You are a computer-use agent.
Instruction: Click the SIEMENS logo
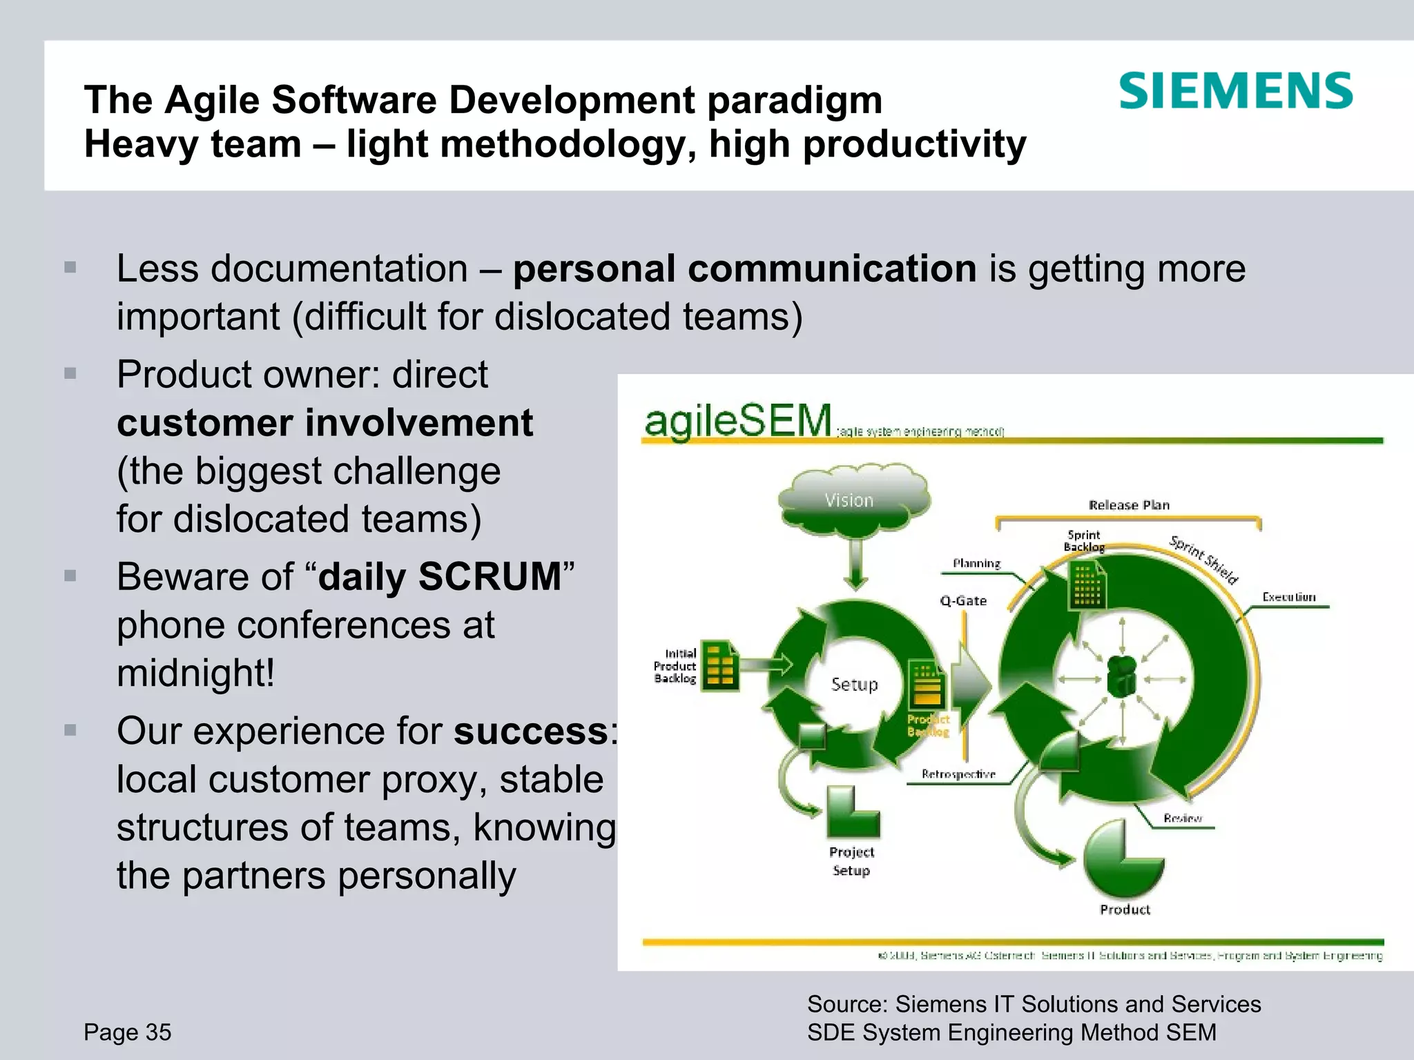coord(1235,91)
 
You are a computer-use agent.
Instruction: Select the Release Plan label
coord(1129,505)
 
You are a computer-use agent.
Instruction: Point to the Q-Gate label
coord(963,601)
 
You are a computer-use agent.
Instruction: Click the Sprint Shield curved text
coord(1203,560)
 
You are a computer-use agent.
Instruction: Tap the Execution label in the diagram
coord(1288,597)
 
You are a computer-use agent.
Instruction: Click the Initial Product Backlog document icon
coord(719,666)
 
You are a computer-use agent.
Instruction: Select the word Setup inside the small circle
coord(854,685)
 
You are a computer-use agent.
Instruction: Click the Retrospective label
coord(958,774)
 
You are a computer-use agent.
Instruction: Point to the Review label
coord(1182,818)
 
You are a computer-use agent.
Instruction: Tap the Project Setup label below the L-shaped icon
coord(851,861)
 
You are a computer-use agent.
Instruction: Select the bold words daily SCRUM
coord(440,577)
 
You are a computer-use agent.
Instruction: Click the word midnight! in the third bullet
coord(195,673)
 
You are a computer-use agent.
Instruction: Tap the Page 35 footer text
coord(127,1032)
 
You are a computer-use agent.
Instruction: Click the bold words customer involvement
coord(325,423)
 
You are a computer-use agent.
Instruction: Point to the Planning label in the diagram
coord(976,563)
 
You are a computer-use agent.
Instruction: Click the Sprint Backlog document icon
coord(1087,585)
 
